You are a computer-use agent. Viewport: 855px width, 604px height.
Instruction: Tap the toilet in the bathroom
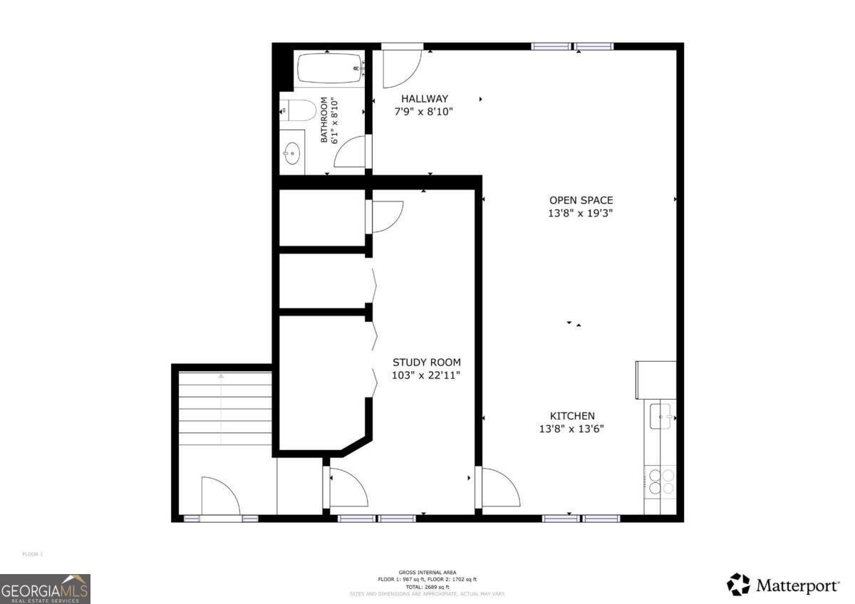point(299,111)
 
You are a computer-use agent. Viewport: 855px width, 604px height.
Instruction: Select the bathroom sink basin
point(291,152)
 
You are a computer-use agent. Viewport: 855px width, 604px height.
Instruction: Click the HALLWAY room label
point(424,99)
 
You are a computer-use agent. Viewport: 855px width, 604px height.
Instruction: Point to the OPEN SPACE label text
point(581,200)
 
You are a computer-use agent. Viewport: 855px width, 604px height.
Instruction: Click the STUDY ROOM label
point(426,362)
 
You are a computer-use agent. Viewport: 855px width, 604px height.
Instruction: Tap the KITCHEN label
point(571,416)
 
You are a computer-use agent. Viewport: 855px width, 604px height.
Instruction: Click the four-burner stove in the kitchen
point(660,482)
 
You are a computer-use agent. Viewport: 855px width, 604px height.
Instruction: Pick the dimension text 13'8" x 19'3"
point(581,213)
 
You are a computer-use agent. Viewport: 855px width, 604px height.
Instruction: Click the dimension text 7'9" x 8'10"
point(424,112)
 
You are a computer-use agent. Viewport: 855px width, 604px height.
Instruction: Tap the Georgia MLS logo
point(45,588)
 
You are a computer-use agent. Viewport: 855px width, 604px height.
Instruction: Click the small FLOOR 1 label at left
point(33,554)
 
